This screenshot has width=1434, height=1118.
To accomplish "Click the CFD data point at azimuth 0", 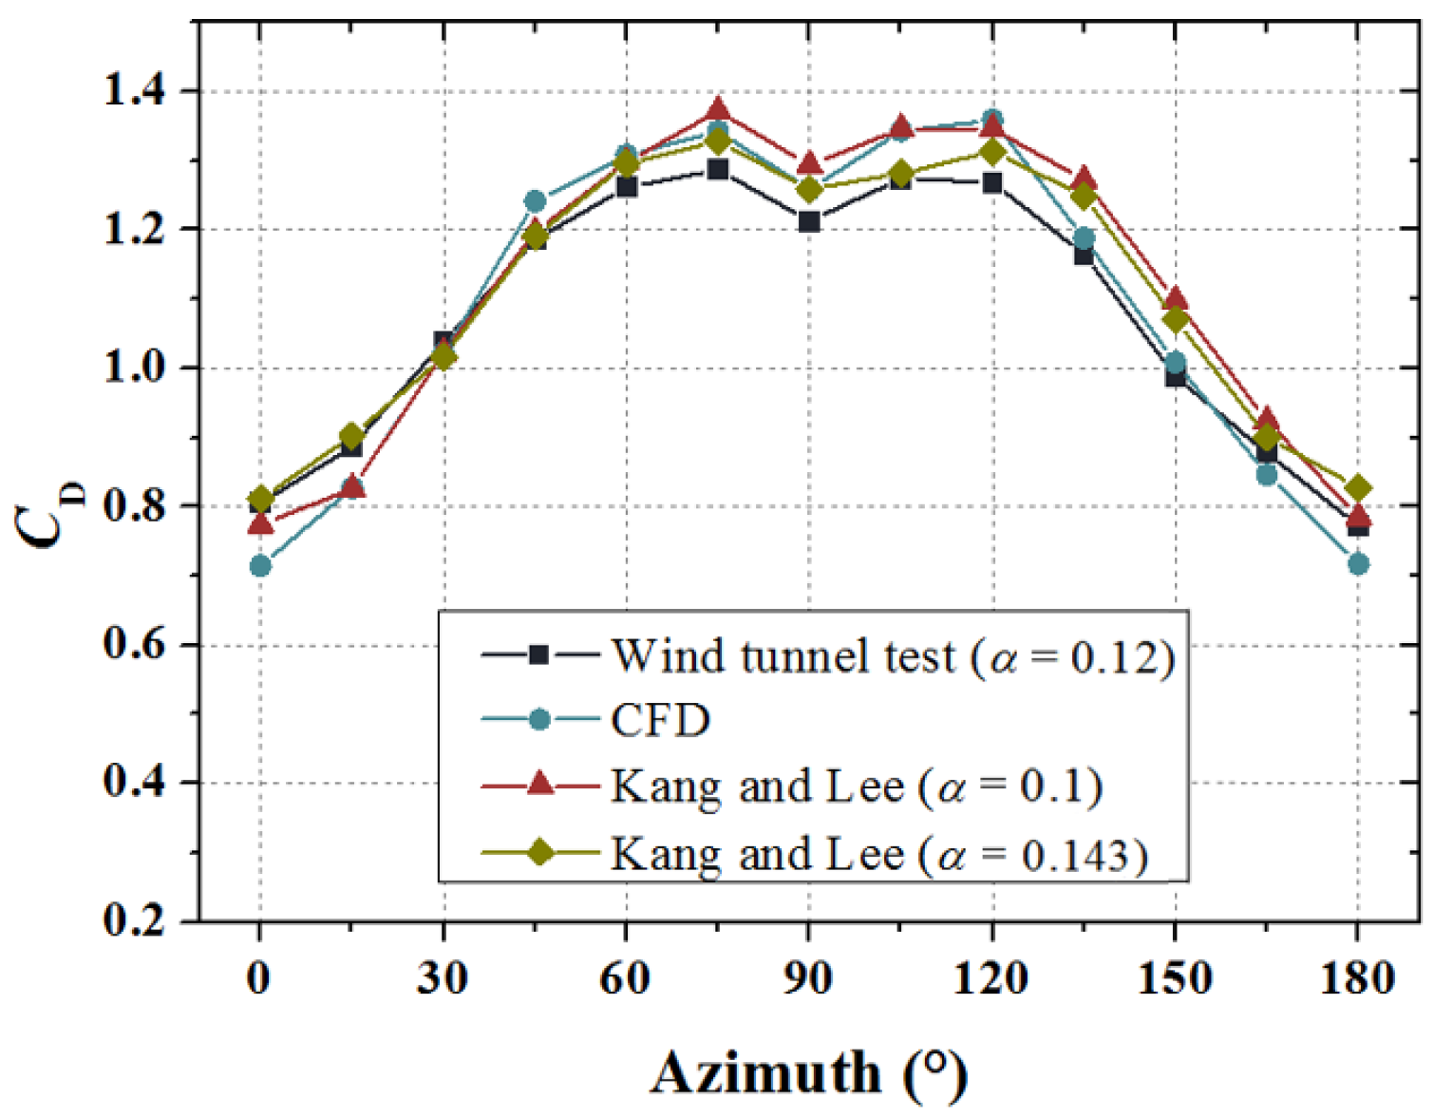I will point(260,566).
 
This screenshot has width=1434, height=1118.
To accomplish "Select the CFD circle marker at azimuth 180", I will point(1358,564).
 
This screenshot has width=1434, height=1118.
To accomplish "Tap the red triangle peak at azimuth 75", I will point(718,108).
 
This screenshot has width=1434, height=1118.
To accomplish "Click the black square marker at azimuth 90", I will point(809,222).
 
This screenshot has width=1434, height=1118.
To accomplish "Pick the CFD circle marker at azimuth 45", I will point(535,201).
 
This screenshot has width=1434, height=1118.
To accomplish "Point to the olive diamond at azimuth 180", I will point(1358,488).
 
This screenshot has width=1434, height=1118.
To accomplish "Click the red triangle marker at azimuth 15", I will point(352,487).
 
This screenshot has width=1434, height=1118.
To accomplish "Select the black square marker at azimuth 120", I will point(992,182).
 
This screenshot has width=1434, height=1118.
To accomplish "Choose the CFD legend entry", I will point(660,720).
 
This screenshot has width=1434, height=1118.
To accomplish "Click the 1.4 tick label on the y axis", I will point(134,91).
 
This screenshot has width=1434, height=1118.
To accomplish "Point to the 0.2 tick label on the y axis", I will point(134,920).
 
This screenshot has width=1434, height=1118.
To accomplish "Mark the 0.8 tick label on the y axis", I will point(134,506).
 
